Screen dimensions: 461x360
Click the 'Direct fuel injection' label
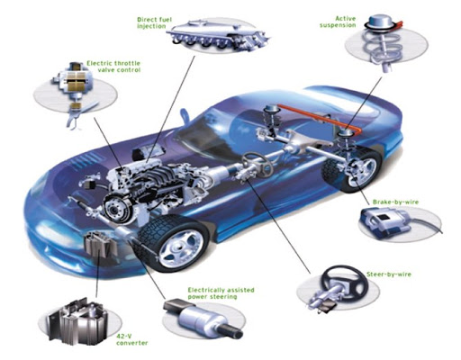click(155, 22)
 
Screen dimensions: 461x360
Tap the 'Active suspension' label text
click(338, 22)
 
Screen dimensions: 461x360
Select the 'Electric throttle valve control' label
click(113, 67)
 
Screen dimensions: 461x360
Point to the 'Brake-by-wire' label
click(395, 202)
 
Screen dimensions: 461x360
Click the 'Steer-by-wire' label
click(389, 274)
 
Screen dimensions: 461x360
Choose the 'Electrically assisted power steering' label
click(221, 293)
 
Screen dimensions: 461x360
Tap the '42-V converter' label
click(132, 339)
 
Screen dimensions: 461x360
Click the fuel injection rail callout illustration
click(218, 33)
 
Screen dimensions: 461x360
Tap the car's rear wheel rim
click(362, 172)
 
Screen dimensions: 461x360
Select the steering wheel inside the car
click(258, 163)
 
